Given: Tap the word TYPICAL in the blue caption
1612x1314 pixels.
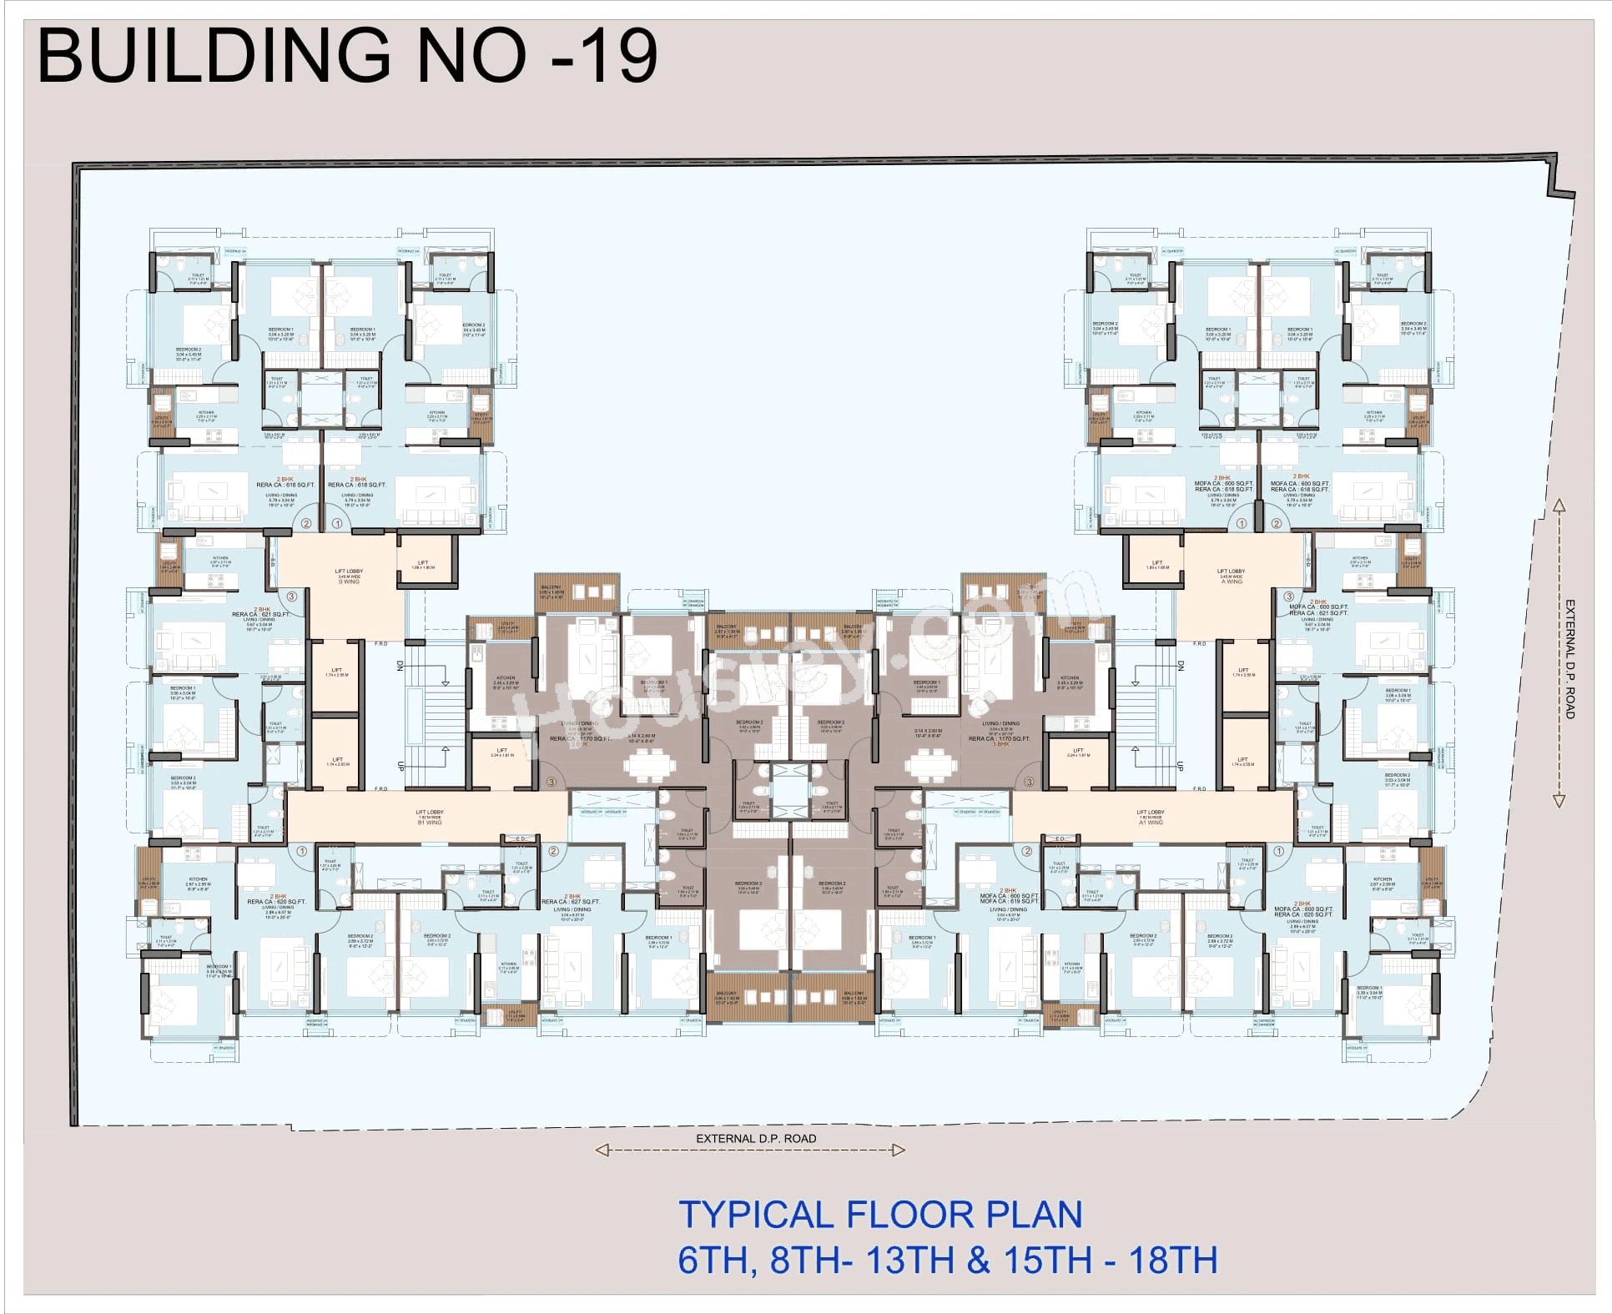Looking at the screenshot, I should [x=755, y=1215].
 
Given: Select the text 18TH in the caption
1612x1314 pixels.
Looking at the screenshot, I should [x=1173, y=1260].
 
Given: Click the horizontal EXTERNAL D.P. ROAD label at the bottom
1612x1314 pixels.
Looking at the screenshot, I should [x=756, y=1138].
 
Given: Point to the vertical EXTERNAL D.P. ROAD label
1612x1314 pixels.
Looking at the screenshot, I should [x=1569, y=659].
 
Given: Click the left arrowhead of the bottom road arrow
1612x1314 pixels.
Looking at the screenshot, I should [x=602, y=1150].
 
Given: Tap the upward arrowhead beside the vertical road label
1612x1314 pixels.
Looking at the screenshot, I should [x=1559, y=506].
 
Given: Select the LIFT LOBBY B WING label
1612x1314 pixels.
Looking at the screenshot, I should [x=349, y=576].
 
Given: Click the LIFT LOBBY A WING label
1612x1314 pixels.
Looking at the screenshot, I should [x=1231, y=576].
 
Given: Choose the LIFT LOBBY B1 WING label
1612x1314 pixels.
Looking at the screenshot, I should [x=430, y=817].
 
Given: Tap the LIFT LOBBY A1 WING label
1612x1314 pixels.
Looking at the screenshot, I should [x=1150, y=817].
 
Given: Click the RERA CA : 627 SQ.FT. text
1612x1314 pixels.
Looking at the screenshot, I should [x=571, y=902].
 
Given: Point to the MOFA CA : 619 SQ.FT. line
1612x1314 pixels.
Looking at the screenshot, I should [x=1010, y=901].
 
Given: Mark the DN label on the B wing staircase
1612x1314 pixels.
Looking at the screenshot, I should [x=400, y=666].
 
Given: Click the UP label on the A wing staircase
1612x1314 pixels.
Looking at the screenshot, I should [x=1181, y=766].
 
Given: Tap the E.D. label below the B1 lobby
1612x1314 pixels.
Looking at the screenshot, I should [x=521, y=839].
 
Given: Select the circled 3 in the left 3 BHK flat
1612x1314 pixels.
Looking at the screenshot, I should [x=551, y=782].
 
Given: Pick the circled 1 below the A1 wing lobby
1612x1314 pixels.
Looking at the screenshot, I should [x=1279, y=851].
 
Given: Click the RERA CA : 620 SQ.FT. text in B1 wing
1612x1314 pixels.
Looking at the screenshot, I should [x=276, y=902].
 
